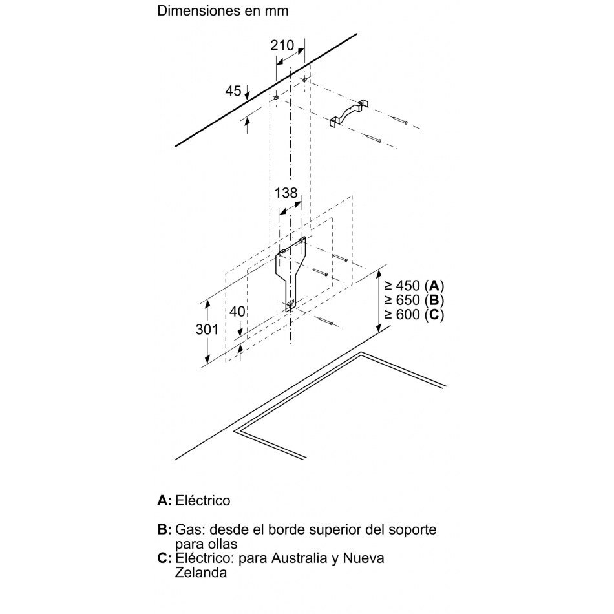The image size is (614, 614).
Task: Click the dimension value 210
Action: click(x=282, y=45)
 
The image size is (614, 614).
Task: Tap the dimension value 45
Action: click(x=233, y=91)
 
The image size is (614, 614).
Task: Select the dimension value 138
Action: click(x=286, y=193)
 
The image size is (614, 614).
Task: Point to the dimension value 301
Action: click(x=207, y=330)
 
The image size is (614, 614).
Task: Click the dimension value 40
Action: click(x=237, y=312)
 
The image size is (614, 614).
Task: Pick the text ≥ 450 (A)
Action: click(x=414, y=286)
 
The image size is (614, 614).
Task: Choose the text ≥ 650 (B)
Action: click(x=414, y=300)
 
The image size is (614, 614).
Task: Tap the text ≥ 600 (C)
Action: click(x=414, y=315)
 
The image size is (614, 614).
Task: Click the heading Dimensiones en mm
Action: click(x=223, y=10)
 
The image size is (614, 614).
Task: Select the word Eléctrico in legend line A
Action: click(x=203, y=500)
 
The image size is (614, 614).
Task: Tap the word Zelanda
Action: click(x=201, y=573)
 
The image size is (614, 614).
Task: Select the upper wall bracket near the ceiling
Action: click(x=349, y=112)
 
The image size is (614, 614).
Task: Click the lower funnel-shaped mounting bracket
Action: click(x=291, y=273)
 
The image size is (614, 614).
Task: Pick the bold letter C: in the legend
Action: click(x=164, y=558)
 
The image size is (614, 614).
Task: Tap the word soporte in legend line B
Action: click(x=412, y=530)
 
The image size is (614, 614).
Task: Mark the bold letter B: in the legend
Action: click(x=164, y=529)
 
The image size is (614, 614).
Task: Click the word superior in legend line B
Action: click(x=335, y=530)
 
